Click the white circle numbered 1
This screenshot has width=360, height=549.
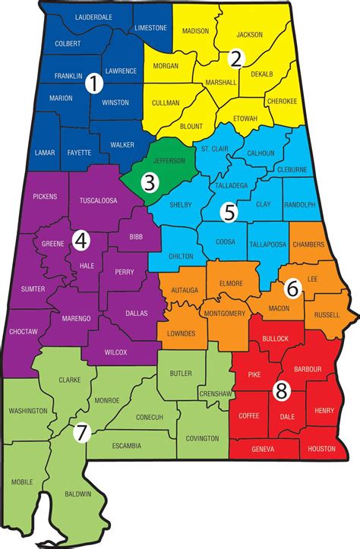click(x=93, y=84)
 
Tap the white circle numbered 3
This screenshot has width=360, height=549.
click(x=150, y=182)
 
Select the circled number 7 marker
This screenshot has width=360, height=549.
click(x=81, y=434)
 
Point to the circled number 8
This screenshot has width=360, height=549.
click(x=281, y=390)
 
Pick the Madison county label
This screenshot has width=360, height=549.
click(x=195, y=30)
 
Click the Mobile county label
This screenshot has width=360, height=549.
click(x=22, y=481)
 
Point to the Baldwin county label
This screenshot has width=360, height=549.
click(x=78, y=494)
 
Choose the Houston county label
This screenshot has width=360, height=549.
click(x=322, y=449)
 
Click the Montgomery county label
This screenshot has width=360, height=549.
click(x=224, y=314)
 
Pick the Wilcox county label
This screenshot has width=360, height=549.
click(x=115, y=352)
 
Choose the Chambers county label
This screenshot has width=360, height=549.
click(x=308, y=244)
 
